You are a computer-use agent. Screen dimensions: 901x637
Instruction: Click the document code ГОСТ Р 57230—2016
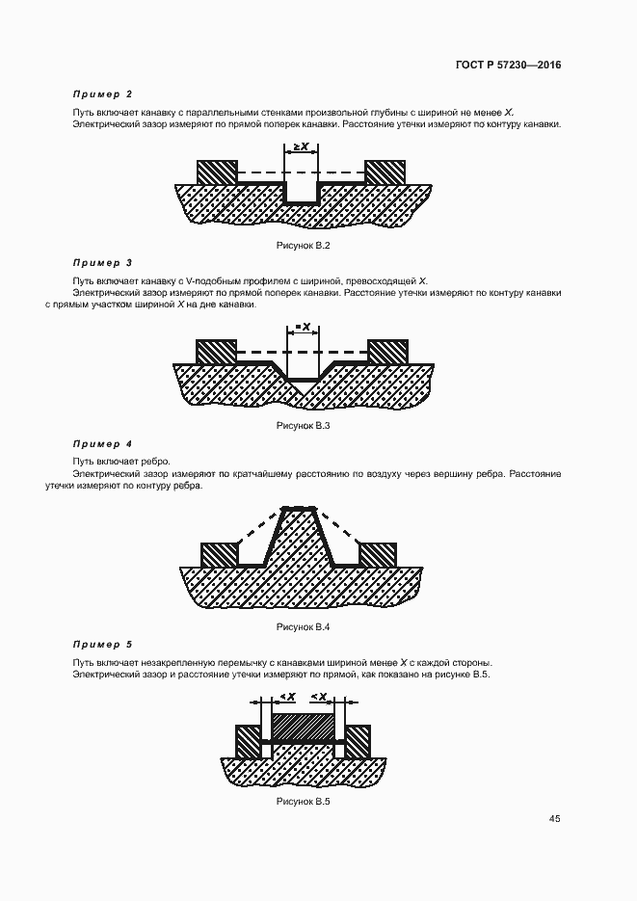click(x=508, y=66)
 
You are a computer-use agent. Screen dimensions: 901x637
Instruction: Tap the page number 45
click(x=555, y=819)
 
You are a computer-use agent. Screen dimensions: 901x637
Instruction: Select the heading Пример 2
click(x=102, y=94)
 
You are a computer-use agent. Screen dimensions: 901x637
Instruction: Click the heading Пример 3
click(x=102, y=262)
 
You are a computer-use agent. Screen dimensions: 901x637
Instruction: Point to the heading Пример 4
click(x=102, y=444)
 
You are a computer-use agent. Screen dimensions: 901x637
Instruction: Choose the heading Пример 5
click(x=102, y=644)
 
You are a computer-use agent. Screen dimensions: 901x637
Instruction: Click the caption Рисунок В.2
click(x=304, y=247)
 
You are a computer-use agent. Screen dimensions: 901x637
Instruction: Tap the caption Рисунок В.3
click(x=304, y=425)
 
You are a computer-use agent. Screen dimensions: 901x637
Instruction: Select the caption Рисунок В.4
click(x=304, y=627)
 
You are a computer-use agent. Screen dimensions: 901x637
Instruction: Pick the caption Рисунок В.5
click(x=304, y=802)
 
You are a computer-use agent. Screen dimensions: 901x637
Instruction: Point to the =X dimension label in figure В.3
click(x=304, y=328)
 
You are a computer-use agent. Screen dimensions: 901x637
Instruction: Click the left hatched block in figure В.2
click(x=216, y=172)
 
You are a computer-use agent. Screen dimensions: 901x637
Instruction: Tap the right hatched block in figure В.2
click(x=385, y=172)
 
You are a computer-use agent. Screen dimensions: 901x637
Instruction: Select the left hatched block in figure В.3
click(x=216, y=351)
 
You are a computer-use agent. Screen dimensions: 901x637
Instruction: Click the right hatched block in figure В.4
click(x=378, y=554)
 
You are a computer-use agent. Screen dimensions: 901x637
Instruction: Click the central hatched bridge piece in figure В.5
click(x=304, y=726)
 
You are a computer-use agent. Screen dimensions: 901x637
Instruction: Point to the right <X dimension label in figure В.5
click(x=320, y=697)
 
